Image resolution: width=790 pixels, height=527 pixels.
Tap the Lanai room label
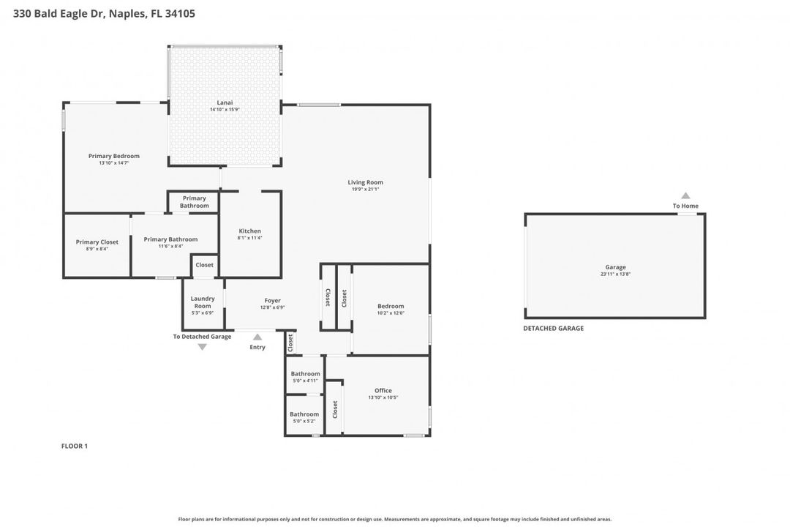(225, 102)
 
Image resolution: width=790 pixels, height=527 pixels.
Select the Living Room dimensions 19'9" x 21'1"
(365, 190)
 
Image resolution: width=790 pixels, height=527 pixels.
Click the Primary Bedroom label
(114, 156)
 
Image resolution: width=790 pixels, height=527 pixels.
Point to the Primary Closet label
(97, 242)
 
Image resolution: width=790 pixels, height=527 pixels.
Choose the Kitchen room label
(249, 231)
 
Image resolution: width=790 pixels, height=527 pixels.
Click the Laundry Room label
(203, 302)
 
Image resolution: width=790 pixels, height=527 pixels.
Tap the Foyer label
(272, 300)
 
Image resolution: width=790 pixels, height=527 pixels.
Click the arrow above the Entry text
(257, 337)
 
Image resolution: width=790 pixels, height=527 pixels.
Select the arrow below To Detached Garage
(203, 347)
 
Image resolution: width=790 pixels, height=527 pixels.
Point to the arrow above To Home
(685, 195)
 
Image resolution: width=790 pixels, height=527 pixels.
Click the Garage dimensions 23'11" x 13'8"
(615, 274)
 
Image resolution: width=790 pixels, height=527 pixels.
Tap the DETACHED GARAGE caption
(553, 329)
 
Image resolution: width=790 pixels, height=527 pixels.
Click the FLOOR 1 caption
(74, 446)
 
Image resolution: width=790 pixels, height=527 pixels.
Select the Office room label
(383, 391)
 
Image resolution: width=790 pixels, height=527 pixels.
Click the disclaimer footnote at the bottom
(395, 519)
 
